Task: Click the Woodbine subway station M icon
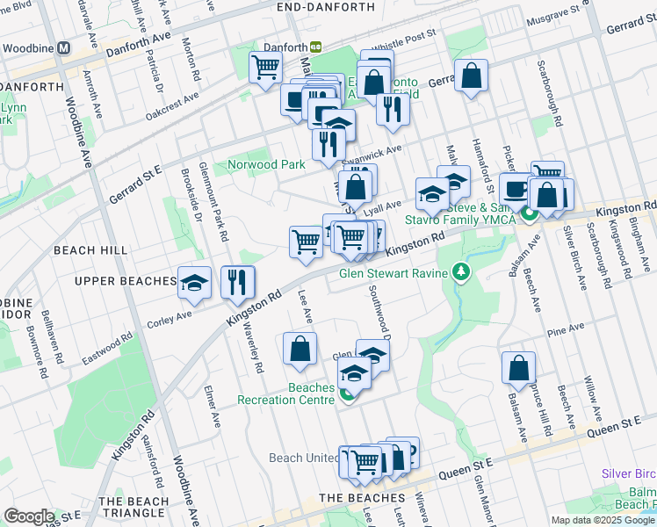(x=63, y=49)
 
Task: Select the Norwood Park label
(x=266, y=164)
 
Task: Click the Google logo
(x=29, y=516)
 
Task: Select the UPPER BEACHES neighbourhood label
(x=126, y=281)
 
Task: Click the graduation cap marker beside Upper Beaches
(x=195, y=284)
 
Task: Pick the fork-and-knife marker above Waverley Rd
(x=237, y=283)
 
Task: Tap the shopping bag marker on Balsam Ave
(x=518, y=367)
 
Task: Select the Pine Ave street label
(x=565, y=329)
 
